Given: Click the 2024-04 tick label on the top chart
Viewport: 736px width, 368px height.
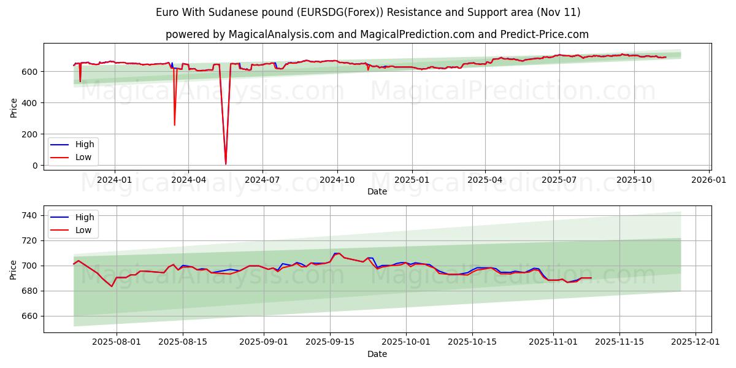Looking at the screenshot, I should (x=188, y=180).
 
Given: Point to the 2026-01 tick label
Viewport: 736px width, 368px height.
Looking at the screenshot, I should (x=709, y=180).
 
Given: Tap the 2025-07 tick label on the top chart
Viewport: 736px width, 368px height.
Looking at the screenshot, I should (x=559, y=180).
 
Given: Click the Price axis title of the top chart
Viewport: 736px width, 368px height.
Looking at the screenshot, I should (x=13, y=108).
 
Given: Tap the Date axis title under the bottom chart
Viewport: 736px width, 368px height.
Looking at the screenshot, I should (x=377, y=354).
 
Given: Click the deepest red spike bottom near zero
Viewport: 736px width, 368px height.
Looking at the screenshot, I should (x=226, y=164).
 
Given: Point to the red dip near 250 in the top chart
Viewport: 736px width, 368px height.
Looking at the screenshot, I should (x=174, y=125).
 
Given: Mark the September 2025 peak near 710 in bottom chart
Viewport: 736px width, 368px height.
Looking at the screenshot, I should (x=337, y=253).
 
